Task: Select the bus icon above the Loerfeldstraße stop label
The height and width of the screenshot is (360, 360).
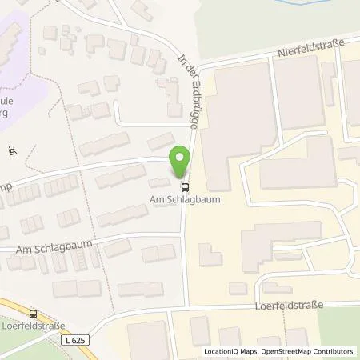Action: pos(33,314)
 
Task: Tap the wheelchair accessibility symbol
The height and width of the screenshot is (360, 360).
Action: pos(12,150)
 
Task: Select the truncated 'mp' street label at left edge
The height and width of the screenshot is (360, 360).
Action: pos(6,181)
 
